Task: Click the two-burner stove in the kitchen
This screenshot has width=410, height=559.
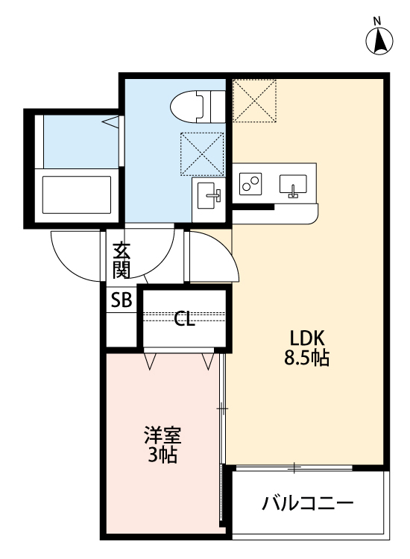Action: click(x=251, y=183)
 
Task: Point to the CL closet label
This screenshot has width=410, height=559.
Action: click(x=184, y=320)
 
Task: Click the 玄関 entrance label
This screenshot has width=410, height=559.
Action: click(x=122, y=260)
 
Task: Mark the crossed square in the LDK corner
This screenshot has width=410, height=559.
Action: click(x=254, y=101)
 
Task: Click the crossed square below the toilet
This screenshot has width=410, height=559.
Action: click(x=202, y=154)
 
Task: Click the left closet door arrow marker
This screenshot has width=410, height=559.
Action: click(x=151, y=362)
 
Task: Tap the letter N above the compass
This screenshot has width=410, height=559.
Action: click(x=377, y=20)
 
